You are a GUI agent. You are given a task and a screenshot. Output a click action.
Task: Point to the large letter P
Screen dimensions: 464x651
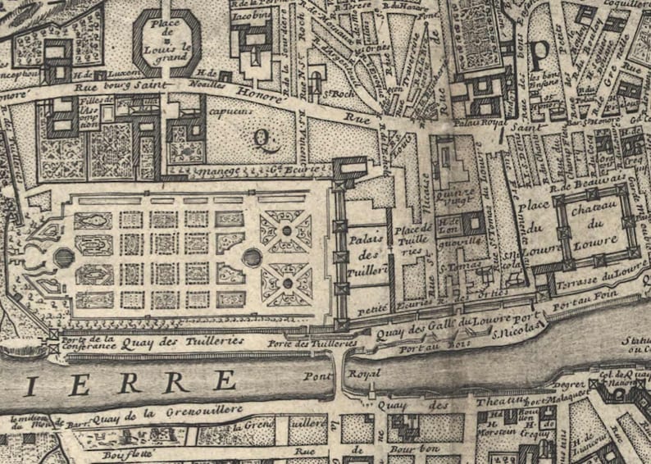pos(539,54)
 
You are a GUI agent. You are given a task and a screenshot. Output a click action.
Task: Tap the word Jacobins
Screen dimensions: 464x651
pos(250,16)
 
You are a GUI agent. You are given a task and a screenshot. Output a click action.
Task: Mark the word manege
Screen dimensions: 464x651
pos(207,172)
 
